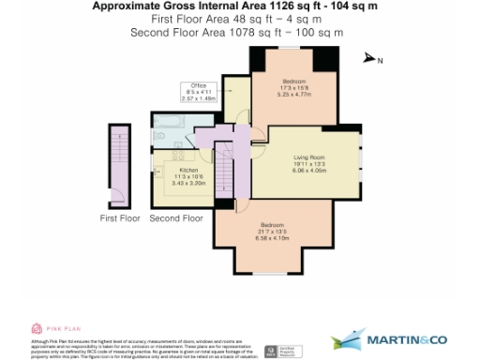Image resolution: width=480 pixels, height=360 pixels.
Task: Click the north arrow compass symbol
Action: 370,58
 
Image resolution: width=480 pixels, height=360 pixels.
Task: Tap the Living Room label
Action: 308,156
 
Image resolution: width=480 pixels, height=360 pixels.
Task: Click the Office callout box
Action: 198,91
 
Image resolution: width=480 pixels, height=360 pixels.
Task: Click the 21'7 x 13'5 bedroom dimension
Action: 274,232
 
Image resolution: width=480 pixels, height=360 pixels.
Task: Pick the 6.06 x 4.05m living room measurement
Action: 308,171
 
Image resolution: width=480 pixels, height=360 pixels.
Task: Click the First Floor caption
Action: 119,217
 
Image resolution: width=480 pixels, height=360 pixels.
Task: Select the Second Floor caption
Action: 176,217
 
